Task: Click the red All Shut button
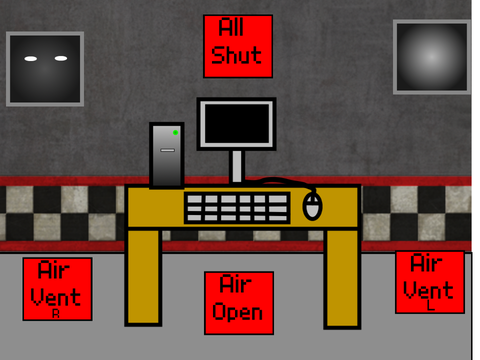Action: (238, 46)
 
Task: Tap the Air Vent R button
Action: (57, 289)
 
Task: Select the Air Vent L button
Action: (430, 282)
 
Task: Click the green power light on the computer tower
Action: (175, 133)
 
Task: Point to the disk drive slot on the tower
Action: (167, 150)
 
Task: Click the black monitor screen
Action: (237, 123)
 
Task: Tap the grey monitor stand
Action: (237, 167)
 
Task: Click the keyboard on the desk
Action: (237, 208)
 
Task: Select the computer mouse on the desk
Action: (312, 206)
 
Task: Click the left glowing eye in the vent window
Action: (31, 59)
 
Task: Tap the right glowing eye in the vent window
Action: (61, 58)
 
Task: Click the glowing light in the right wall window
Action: (432, 57)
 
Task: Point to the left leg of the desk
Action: (143, 277)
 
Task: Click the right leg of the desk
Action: (342, 278)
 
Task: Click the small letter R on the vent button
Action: (56, 314)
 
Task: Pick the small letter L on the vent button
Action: (431, 305)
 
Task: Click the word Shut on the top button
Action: (236, 55)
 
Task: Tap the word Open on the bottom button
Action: (237, 312)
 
